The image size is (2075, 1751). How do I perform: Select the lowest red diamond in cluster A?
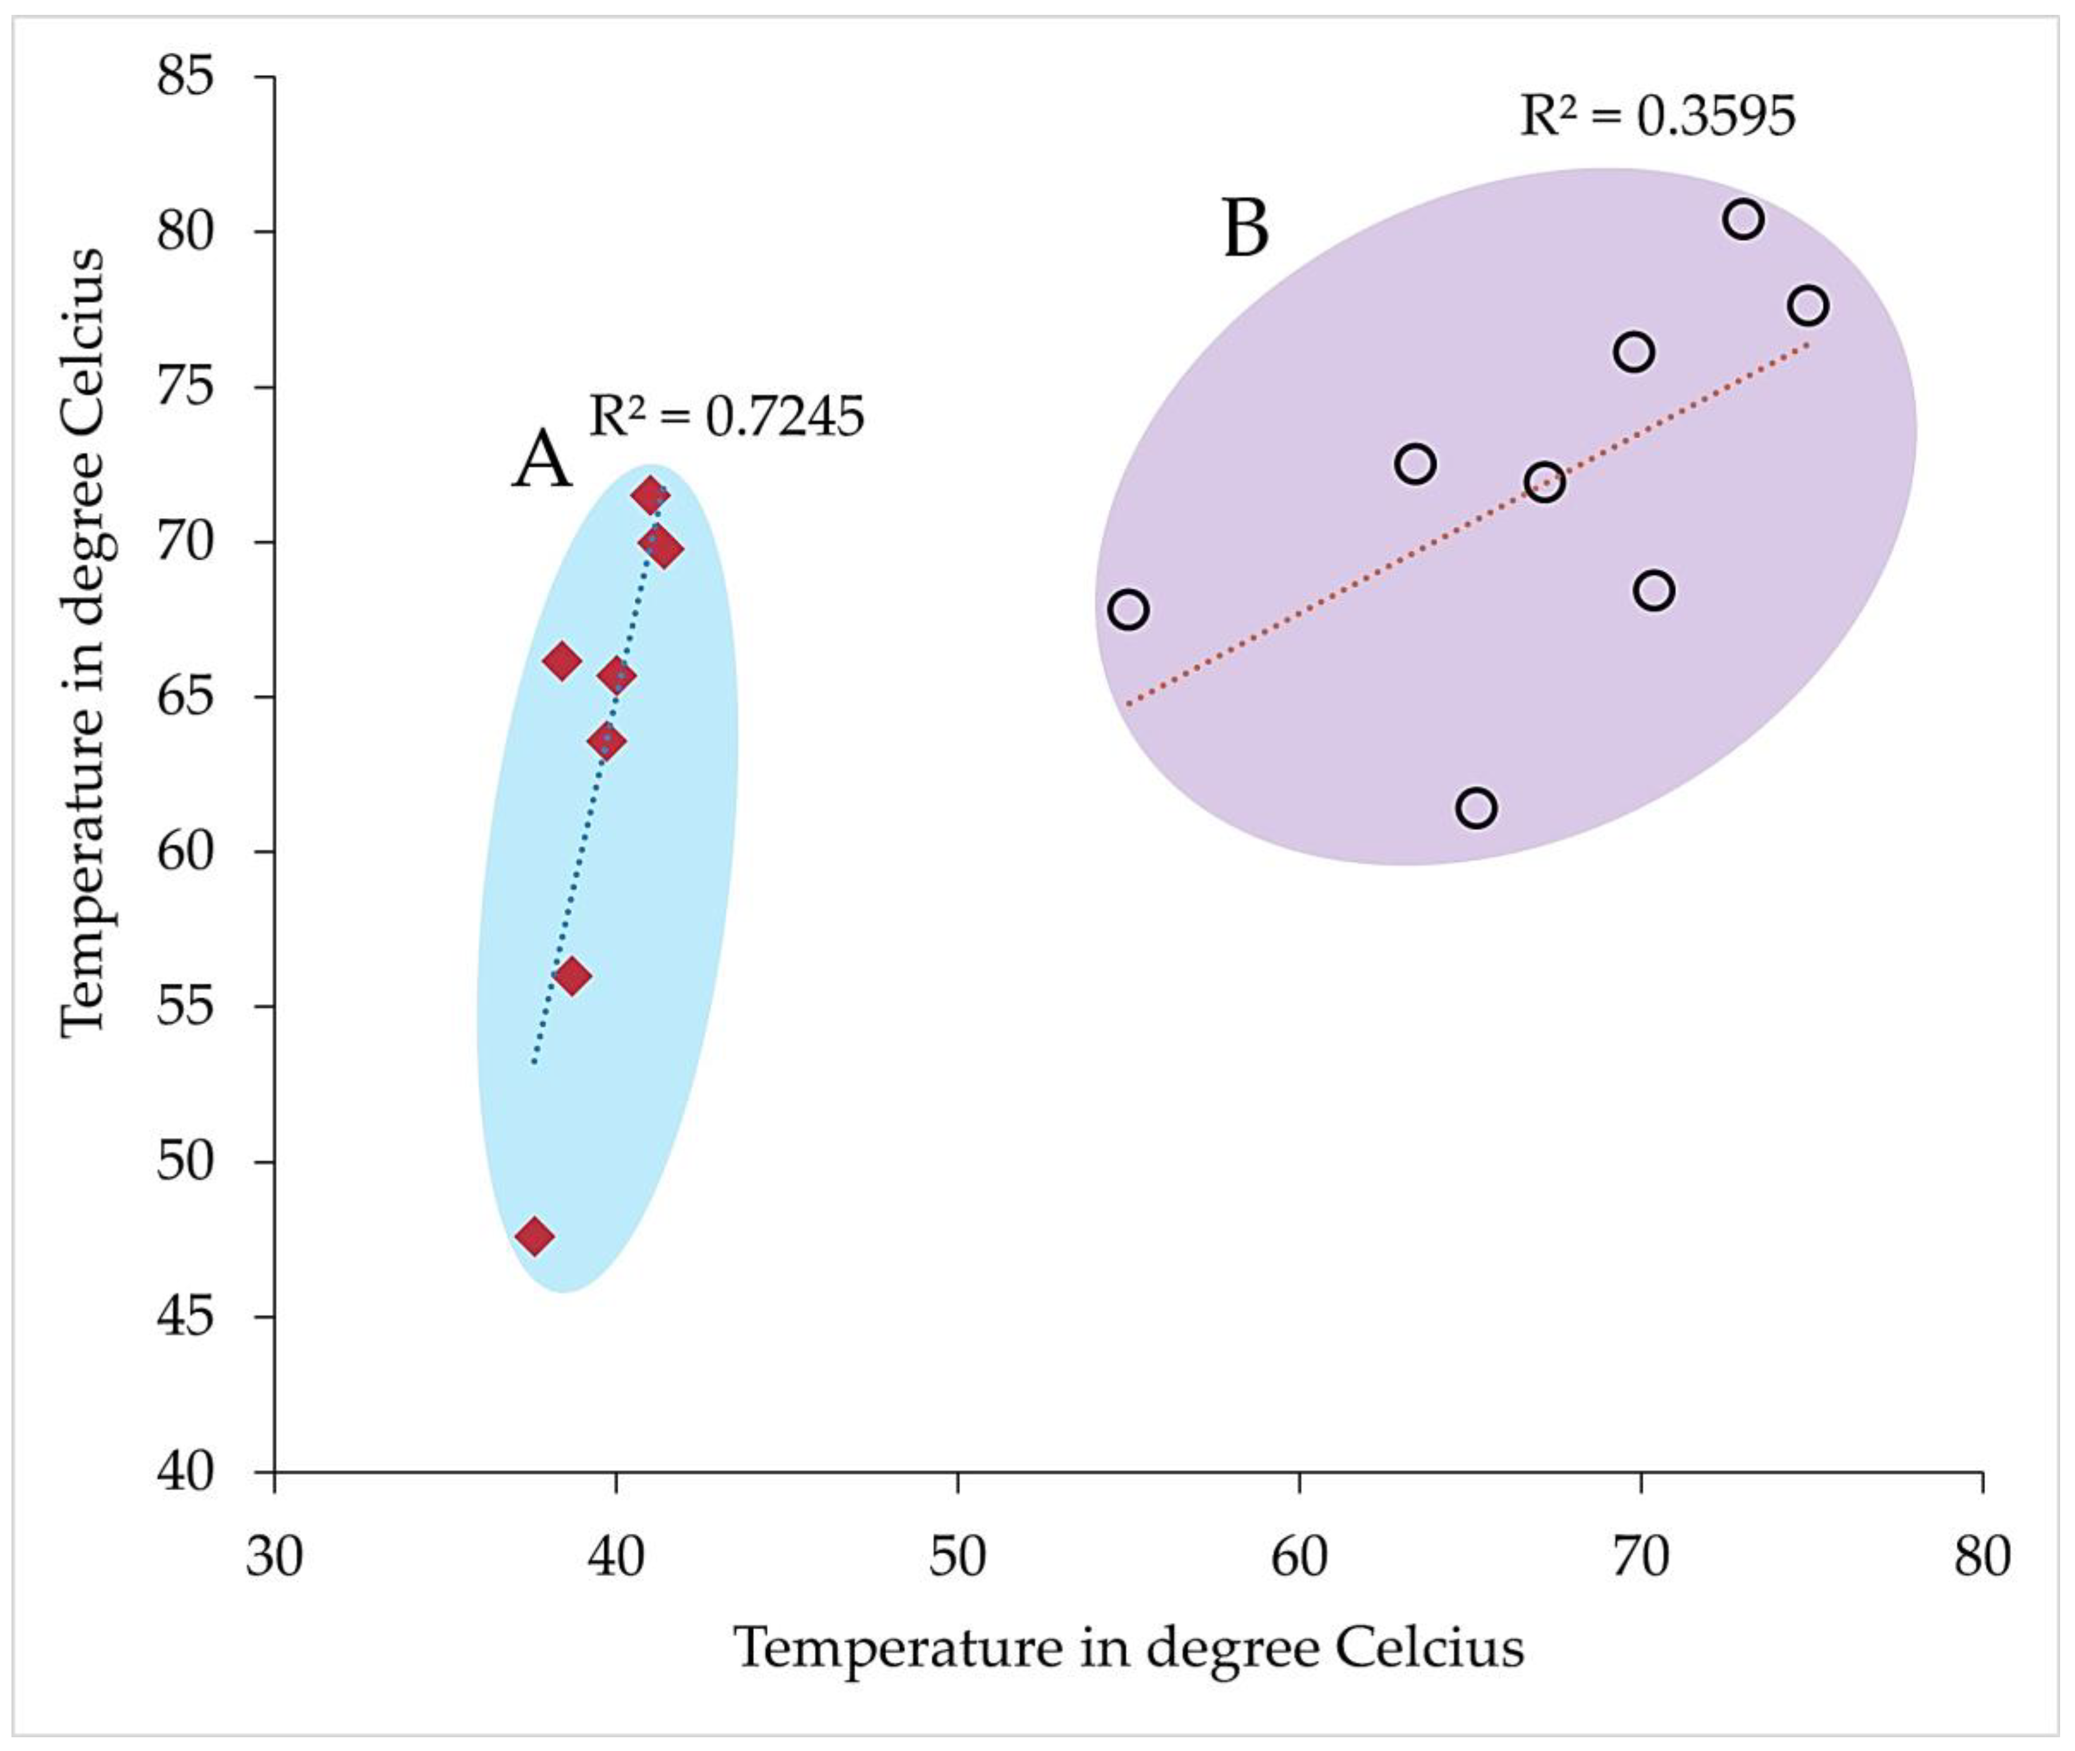click(x=535, y=1236)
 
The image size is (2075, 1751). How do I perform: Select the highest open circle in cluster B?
click(x=1743, y=218)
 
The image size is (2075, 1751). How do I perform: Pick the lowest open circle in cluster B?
click(x=1477, y=808)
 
